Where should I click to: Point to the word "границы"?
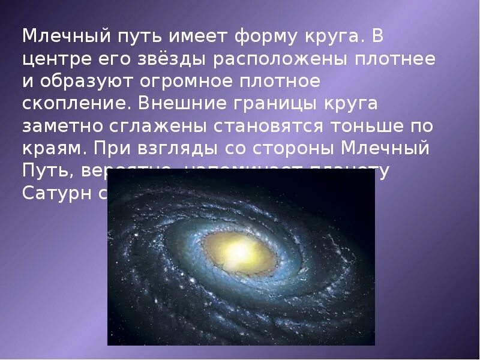click(x=274, y=103)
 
